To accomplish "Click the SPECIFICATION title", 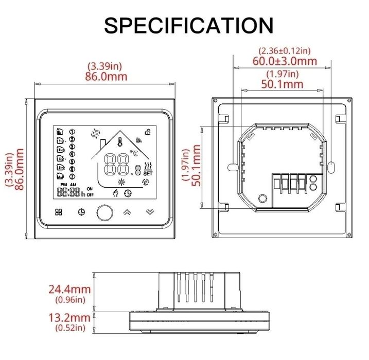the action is (189, 25).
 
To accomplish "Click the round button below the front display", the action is (104, 212).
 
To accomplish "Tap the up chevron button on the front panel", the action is (127, 212).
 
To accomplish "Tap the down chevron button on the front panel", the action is (150, 212).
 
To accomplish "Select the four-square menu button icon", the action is (59, 212).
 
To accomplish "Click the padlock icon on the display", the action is (148, 132).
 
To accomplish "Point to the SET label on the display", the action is (148, 173).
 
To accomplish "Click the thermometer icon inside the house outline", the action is (120, 142).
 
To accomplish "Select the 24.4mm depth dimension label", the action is (69, 289).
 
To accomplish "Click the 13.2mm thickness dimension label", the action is (69, 318).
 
